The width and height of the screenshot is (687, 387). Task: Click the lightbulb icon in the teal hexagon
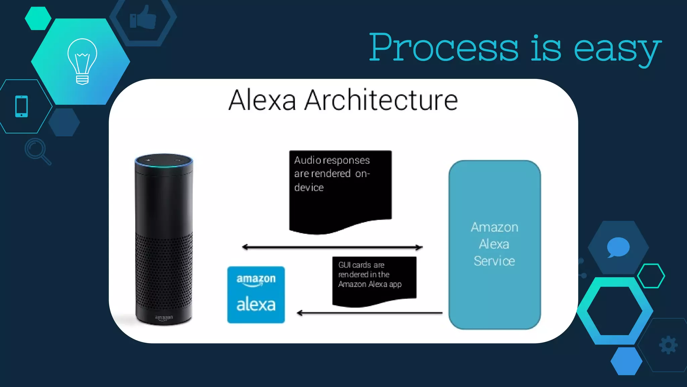point(82,61)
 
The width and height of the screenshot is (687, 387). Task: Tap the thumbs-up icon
point(143,17)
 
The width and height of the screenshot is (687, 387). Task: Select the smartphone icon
point(21,106)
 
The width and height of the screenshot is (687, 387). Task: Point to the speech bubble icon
point(618,247)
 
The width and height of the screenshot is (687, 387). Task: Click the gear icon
point(668,345)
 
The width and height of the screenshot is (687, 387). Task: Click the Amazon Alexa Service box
point(494,244)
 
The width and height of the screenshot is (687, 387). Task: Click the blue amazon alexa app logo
point(256,295)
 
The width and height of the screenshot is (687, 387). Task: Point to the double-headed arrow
point(332,247)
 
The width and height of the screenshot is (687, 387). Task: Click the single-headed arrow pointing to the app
point(369,313)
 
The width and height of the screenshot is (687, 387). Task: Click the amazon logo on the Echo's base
point(164,317)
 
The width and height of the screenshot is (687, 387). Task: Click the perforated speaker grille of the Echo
point(164,269)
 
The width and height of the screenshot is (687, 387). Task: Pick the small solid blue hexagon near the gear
point(626,361)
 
